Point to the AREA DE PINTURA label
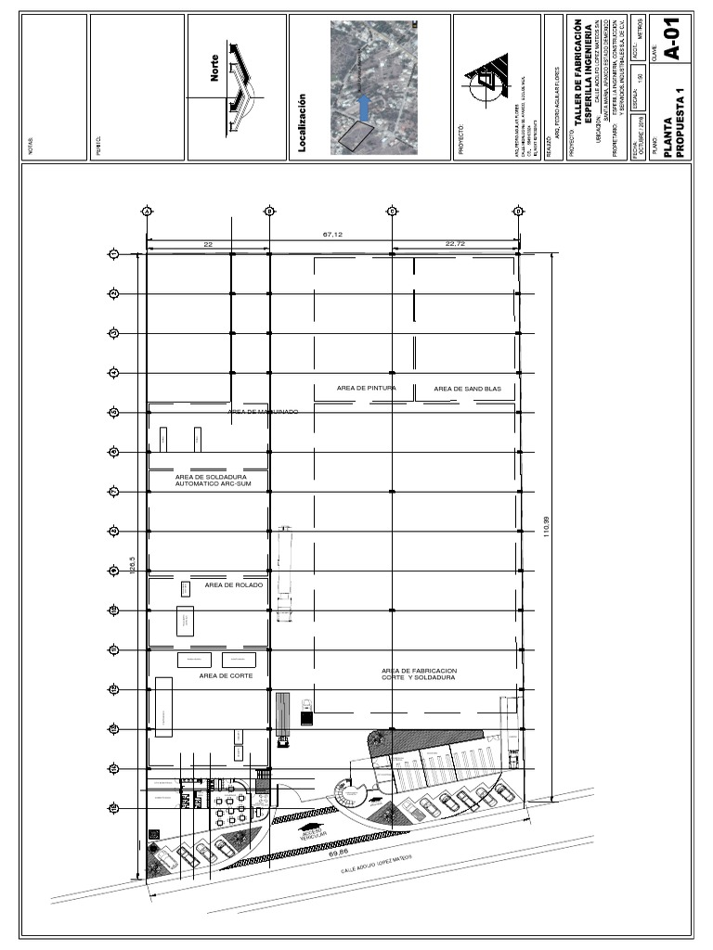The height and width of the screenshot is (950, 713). pos(367,388)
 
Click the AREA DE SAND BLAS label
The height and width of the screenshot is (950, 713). pos(467,389)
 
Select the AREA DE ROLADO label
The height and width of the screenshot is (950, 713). pos(234,585)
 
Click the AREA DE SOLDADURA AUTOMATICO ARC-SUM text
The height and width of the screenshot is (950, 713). pos(208,480)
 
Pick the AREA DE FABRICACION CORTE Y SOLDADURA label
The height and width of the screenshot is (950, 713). pos(419,674)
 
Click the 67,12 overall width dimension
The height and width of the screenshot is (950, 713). pos(332,235)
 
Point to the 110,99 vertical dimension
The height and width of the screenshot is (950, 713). pos(547,526)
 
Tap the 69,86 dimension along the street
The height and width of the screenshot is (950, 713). pos(338,852)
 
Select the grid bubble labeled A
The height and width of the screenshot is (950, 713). pos(147,212)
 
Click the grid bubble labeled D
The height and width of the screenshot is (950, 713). pos(518,212)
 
